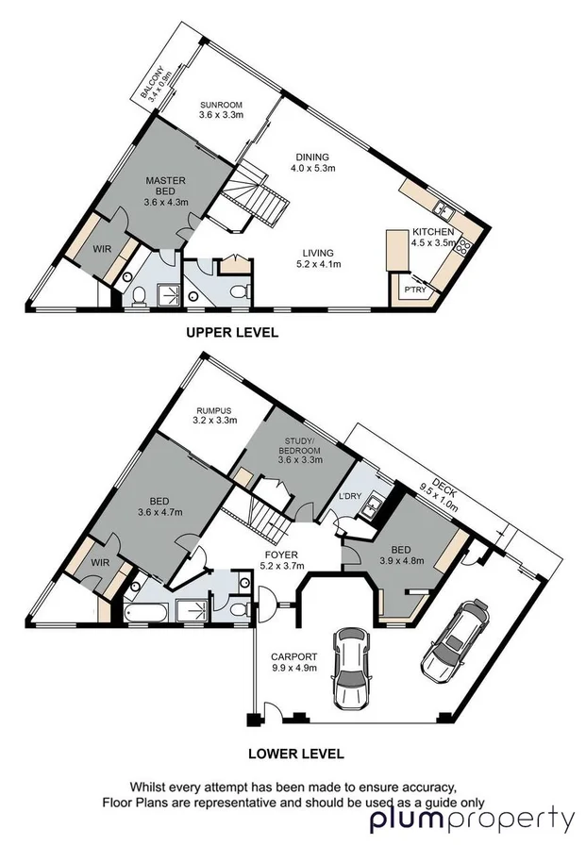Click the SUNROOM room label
click(x=221, y=109)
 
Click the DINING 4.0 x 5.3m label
click(x=312, y=163)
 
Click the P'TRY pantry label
click(x=413, y=290)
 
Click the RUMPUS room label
click(x=213, y=416)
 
